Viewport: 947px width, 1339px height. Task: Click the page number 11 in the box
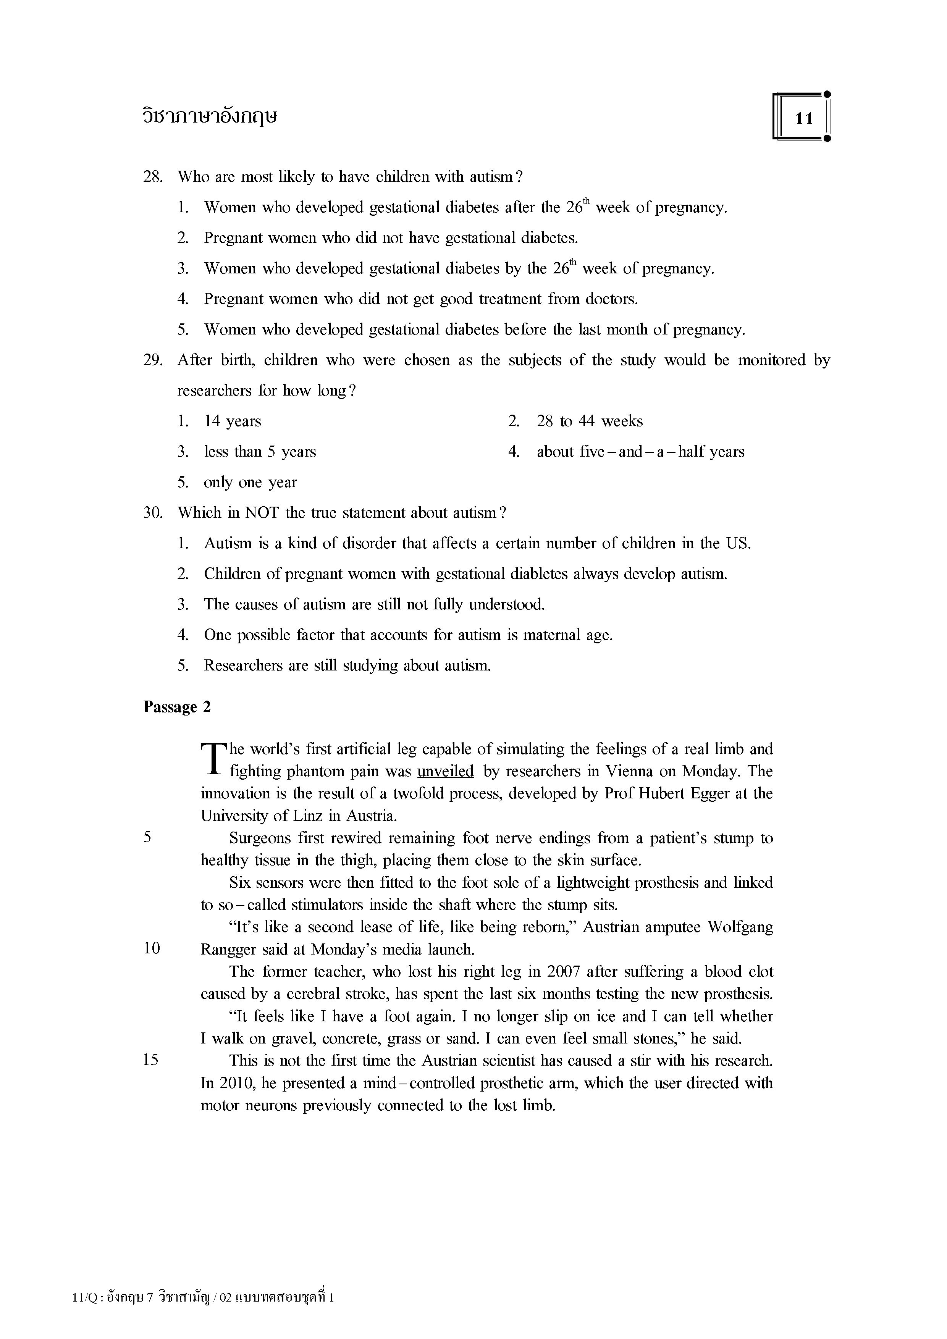(x=803, y=118)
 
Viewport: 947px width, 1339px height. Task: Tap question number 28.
(x=152, y=177)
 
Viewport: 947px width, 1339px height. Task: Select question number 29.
(x=152, y=360)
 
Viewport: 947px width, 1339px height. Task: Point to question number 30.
(x=152, y=513)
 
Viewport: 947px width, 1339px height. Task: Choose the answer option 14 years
(x=232, y=422)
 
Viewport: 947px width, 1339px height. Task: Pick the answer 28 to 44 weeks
(x=590, y=422)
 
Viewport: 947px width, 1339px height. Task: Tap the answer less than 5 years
(x=260, y=452)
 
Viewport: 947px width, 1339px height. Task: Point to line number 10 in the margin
(x=152, y=949)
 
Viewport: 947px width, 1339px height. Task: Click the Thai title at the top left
(x=210, y=116)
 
